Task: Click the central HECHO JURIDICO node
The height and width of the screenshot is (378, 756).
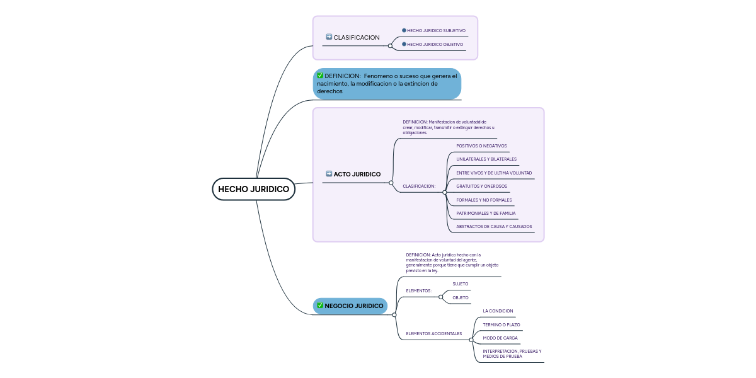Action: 253,189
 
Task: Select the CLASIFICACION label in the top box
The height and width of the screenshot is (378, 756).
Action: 357,37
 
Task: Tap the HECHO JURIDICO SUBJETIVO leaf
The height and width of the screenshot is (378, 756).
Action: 436,30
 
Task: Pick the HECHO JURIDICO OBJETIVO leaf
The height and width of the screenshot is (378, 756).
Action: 435,44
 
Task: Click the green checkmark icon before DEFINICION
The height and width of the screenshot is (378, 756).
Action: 320,76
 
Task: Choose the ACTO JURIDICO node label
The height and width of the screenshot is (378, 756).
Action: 357,174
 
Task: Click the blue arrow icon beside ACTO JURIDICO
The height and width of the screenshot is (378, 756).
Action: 329,173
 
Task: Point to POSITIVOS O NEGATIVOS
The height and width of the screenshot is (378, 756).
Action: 481,146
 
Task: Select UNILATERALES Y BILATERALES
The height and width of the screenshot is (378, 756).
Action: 486,159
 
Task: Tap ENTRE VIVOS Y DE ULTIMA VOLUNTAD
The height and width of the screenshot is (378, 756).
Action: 494,173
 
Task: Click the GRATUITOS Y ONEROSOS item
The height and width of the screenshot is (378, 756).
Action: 481,186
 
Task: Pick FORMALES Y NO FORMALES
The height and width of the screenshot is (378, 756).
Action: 484,200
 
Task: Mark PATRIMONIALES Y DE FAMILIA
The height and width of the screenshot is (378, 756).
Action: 486,213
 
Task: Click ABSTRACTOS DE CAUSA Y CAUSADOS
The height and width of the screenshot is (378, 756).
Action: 494,226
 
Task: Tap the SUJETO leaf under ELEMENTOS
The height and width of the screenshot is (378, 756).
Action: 460,283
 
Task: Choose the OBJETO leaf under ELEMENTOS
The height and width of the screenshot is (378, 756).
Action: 460,297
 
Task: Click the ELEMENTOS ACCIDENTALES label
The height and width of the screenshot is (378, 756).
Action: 434,333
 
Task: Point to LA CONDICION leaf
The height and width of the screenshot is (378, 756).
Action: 498,311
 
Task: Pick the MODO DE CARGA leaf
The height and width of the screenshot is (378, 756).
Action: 500,338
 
